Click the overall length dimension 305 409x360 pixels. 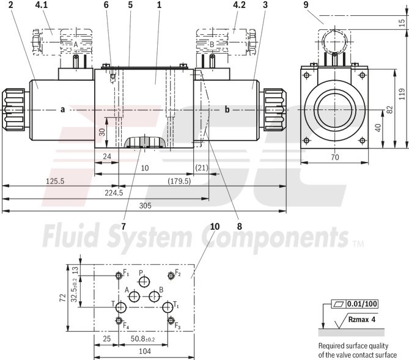[144, 206]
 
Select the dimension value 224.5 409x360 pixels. [114, 193]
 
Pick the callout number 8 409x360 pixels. [239, 226]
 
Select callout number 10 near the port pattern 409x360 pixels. [214, 226]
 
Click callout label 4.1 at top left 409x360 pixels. [41, 6]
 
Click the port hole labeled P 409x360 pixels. [144, 281]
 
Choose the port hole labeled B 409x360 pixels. [154, 297]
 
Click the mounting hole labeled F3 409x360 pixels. [171, 321]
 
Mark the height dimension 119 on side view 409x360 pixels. [401, 94]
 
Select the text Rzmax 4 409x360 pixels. [362, 319]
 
